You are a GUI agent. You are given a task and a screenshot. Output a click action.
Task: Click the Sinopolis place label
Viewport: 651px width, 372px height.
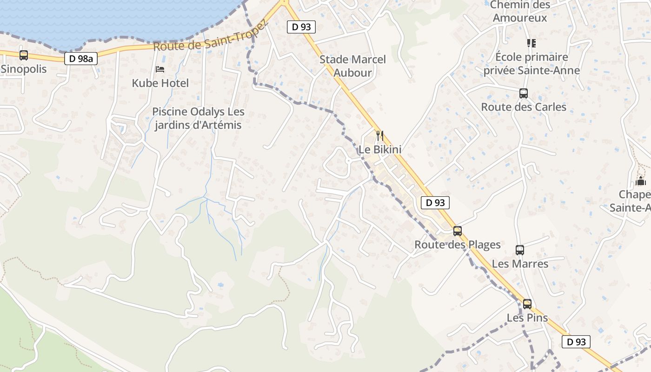(24, 69)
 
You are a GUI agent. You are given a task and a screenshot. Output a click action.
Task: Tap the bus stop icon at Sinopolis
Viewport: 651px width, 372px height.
(24, 55)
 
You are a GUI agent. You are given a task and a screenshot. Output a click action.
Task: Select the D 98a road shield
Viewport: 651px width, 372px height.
(81, 59)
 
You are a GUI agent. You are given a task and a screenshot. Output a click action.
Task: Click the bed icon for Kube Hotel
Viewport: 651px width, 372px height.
(160, 69)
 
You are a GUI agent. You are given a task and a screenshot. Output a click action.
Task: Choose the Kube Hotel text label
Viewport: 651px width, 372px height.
(160, 83)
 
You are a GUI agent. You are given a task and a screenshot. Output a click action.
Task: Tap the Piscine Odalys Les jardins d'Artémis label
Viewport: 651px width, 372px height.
(199, 118)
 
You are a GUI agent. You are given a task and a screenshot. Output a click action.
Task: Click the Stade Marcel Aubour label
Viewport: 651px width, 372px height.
(353, 66)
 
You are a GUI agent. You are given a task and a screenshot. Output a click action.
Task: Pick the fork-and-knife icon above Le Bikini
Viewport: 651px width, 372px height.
(380, 136)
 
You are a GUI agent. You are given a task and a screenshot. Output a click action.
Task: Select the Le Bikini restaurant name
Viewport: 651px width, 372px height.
(380, 150)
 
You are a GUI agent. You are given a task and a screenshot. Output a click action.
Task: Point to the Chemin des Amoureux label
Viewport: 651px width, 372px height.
(520, 12)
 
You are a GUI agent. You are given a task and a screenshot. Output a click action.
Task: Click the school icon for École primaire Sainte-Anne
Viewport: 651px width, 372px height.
(531, 43)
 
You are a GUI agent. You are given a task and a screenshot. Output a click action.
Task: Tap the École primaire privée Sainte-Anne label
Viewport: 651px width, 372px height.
(532, 64)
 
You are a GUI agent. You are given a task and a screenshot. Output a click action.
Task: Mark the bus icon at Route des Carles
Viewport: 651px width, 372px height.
(524, 93)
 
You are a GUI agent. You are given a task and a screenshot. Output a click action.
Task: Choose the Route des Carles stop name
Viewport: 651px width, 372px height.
(524, 107)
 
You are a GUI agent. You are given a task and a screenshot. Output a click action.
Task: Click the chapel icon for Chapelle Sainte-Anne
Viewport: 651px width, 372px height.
(641, 181)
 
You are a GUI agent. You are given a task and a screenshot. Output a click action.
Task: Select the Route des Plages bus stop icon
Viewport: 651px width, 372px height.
(458, 231)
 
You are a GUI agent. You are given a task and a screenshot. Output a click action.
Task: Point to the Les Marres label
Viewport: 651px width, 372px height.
(520, 264)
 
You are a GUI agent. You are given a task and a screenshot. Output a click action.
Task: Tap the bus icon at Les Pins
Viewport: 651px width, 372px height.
(527, 304)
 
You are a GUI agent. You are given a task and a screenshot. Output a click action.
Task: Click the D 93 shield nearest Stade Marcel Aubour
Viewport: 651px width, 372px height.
(301, 27)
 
